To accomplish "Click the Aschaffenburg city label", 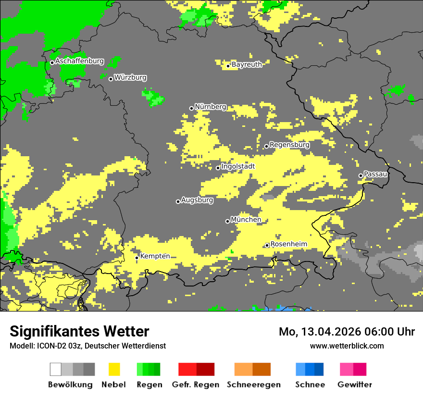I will (x=79, y=61).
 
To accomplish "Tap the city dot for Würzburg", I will (x=111, y=79).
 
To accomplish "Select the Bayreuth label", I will (x=247, y=64).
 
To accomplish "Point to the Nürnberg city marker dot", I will (x=191, y=108).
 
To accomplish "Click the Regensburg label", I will (x=289, y=145).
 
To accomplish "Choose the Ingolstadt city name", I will (x=238, y=166).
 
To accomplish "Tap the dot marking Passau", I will (x=361, y=175).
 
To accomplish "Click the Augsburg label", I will (x=197, y=200).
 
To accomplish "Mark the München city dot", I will (x=227, y=221).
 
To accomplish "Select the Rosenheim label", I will (x=288, y=244).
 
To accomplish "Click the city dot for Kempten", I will (x=137, y=258).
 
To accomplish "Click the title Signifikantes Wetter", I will (x=79, y=332).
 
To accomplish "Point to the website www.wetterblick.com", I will (x=347, y=346).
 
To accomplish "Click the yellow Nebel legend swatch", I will (x=114, y=369).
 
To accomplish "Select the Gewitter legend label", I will (x=355, y=385).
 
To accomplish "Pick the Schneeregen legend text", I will (x=253, y=385).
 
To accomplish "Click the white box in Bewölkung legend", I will (x=56, y=369).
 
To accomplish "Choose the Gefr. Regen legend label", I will (x=196, y=385).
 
